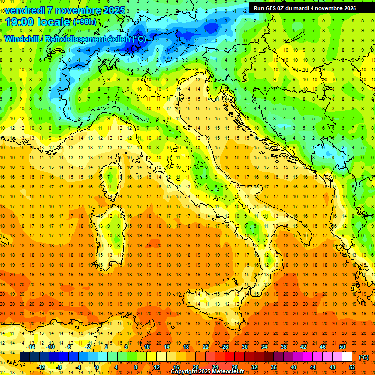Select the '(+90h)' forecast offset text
click(x=84, y=22)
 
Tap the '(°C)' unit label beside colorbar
click(x=364, y=357)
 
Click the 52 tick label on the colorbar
click(x=352, y=367)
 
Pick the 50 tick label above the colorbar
click(x=342, y=347)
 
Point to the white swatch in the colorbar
click(x=347, y=357)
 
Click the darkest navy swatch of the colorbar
click(x=24, y=357)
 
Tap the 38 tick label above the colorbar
click(x=283, y=347)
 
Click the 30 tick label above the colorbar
click(x=244, y=347)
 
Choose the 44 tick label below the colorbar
click(x=312, y=367)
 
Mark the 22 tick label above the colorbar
click(x=205, y=347)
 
